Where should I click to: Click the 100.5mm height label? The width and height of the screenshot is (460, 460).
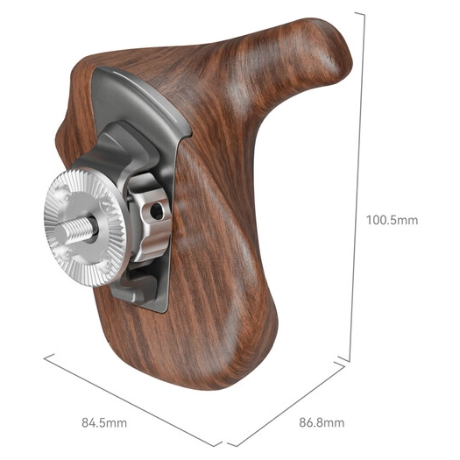392,220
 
